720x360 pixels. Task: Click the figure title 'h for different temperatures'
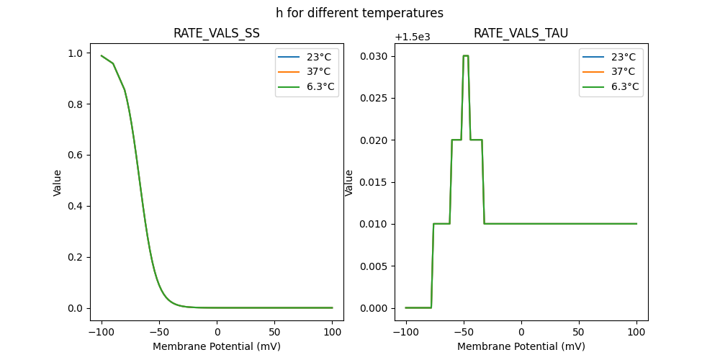point(359,13)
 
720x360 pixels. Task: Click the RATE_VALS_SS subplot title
point(217,33)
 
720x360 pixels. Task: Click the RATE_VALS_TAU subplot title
point(521,33)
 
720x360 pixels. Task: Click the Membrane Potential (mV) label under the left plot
point(217,346)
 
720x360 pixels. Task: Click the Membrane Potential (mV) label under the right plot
point(521,346)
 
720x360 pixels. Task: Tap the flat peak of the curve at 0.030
point(466,55)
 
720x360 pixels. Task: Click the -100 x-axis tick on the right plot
point(405,332)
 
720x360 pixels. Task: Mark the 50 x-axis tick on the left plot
point(275,332)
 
